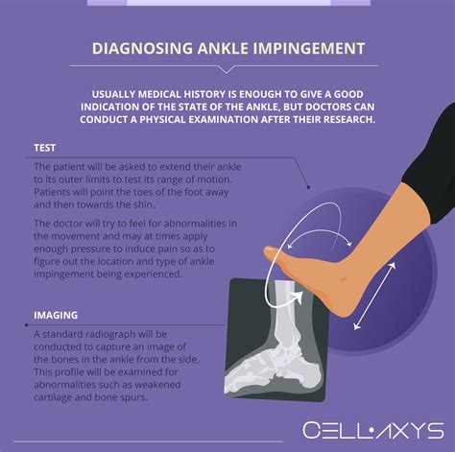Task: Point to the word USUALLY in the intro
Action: click(112, 89)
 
